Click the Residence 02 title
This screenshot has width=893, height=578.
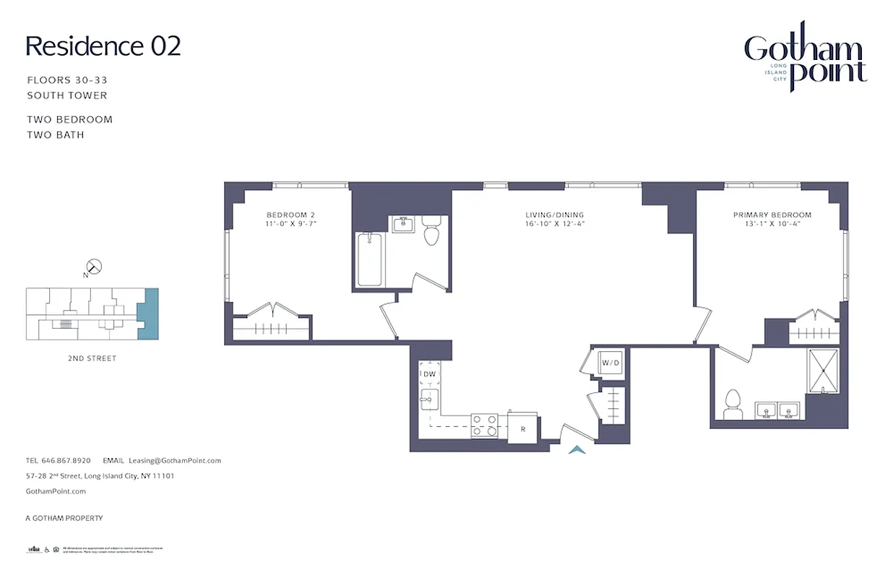(x=103, y=46)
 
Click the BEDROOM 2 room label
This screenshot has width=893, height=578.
(x=290, y=215)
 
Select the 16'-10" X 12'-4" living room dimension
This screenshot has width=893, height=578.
(x=554, y=224)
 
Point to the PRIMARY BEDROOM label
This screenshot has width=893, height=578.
(x=772, y=215)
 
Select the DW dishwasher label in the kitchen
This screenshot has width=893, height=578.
(x=429, y=374)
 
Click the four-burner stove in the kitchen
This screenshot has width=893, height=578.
(x=484, y=425)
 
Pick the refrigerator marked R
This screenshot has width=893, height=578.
(x=522, y=428)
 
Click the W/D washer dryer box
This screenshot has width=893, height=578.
(x=611, y=362)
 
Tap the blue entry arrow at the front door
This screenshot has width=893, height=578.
(x=577, y=450)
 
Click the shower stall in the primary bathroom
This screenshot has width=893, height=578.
(x=823, y=371)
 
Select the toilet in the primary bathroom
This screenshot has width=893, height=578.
(x=733, y=402)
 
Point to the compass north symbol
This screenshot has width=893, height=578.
(x=94, y=267)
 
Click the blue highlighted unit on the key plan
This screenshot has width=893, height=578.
(x=148, y=314)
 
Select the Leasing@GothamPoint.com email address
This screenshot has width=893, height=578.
(x=174, y=460)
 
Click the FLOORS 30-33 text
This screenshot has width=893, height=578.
(x=67, y=80)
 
